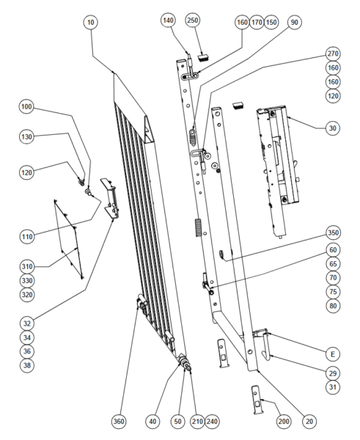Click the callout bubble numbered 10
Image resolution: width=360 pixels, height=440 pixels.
(91, 22)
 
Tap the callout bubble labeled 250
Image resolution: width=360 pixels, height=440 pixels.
(193, 21)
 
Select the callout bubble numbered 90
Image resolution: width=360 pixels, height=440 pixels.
(294, 22)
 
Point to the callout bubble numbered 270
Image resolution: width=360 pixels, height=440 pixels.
(333, 54)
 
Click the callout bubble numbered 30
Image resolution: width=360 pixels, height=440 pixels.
(332, 128)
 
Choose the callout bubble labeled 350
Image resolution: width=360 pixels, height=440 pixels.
(333, 232)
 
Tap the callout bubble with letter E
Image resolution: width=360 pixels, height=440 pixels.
(332, 354)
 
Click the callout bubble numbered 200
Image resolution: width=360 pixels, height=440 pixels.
(284, 421)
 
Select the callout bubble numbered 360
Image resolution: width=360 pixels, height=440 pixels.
(118, 421)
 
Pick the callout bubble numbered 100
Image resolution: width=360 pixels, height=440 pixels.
(26, 107)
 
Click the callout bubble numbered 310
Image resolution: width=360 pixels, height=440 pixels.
(27, 266)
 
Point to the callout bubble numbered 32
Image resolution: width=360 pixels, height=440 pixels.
(27, 323)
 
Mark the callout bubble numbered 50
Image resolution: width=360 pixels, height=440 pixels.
(178, 421)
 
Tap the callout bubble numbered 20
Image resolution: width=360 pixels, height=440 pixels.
(309, 421)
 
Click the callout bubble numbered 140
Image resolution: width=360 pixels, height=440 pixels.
(168, 21)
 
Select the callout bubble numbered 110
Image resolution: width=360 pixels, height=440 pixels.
(27, 237)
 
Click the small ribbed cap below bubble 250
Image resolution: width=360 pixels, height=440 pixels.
(205, 58)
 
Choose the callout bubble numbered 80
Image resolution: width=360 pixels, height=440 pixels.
(333, 306)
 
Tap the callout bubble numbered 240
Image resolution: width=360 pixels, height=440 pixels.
(212, 421)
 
